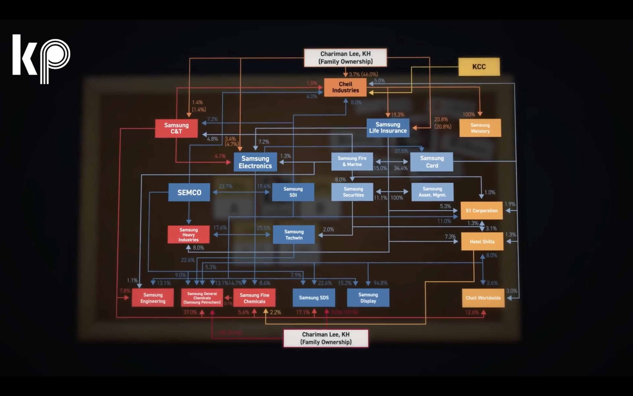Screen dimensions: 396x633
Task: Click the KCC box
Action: point(479,67)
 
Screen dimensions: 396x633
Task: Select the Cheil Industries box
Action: point(345,87)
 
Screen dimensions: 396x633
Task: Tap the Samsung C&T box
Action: point(176,128)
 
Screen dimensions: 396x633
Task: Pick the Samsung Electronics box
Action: point(255,162)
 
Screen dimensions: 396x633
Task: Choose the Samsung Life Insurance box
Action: point(388,128)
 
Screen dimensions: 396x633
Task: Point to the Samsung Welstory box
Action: point(480,128)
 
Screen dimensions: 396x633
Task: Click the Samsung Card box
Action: point(432,162)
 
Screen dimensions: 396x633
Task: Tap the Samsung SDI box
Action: point(293,192)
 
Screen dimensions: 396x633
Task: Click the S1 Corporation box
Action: point(481,211)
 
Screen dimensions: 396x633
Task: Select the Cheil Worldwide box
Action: point(483,298)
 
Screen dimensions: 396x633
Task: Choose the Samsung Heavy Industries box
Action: point(188,235)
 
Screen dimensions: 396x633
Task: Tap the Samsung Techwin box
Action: point(294,235)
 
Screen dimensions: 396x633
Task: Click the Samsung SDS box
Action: point(314,298)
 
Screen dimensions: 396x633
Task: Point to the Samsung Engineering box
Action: point(153,298)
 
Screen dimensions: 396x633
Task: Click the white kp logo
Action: point(41,59)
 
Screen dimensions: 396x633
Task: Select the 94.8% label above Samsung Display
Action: point(380,283)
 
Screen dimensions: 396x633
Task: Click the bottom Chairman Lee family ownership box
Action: point(326,338)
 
